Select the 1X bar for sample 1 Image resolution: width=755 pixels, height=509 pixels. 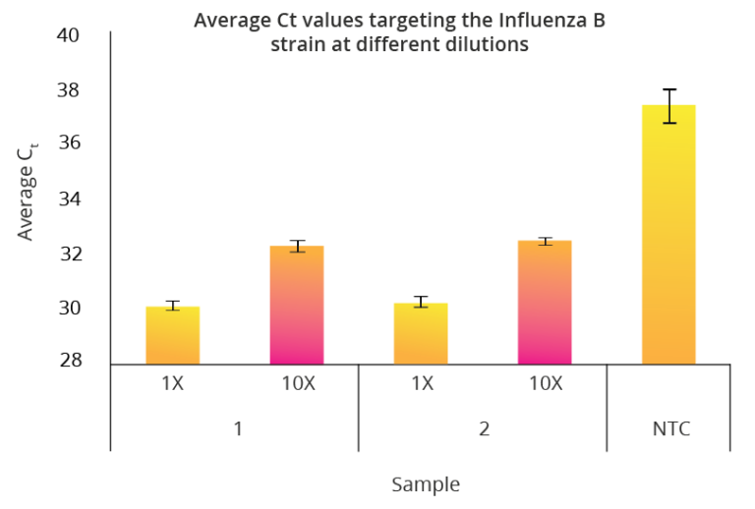[173, 335]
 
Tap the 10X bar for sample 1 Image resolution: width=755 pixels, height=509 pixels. [297, 305]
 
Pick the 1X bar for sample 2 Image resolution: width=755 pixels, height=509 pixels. [421, 333]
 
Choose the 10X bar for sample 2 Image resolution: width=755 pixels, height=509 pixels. [545, 302]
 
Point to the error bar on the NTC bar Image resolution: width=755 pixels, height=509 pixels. [668, 106]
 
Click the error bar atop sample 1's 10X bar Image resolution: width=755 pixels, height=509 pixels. [297, 246]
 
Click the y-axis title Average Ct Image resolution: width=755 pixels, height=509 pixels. [29, 192]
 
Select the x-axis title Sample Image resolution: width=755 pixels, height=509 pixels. [425, 484]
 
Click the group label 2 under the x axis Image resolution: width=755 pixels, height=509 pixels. [484, 429]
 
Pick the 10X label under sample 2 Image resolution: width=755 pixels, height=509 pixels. [545, 383]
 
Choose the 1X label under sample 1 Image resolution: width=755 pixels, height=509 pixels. [173, 383]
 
